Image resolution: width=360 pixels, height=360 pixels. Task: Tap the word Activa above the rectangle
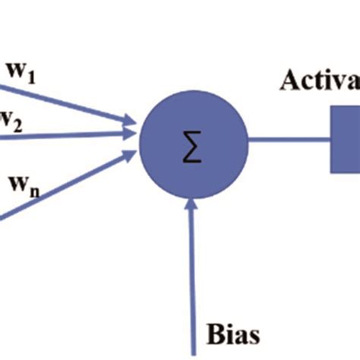pos(319,80)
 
